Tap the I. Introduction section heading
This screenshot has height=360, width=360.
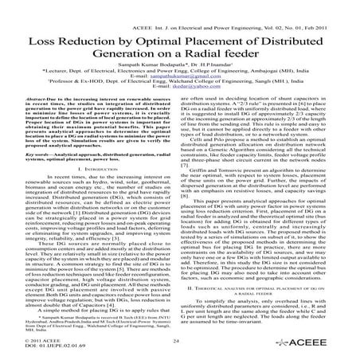click(x=89, y=193)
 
